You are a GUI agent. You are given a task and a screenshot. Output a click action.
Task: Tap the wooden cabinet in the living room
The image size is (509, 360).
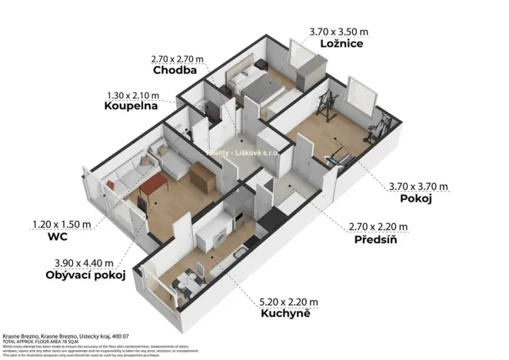coord(202,179)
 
